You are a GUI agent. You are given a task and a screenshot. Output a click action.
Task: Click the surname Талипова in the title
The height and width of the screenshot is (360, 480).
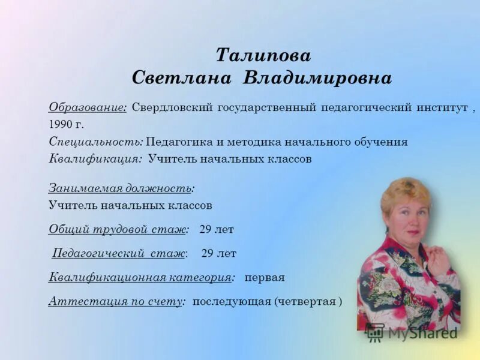point(263,56)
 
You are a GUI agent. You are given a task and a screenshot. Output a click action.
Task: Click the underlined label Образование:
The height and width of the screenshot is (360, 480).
point(88,108)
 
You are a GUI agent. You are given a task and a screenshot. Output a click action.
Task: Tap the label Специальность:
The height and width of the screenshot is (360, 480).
point(95,142)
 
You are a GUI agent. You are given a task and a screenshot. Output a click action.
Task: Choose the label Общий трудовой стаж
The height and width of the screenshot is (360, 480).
point(119,229)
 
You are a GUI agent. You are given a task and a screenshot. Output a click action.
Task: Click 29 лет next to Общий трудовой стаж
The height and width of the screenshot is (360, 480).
point(216,229)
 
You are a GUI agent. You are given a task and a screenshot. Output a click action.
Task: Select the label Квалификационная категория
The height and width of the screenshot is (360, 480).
point(141,278)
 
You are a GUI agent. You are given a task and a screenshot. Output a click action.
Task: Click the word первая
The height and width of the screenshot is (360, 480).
point(264,278)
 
